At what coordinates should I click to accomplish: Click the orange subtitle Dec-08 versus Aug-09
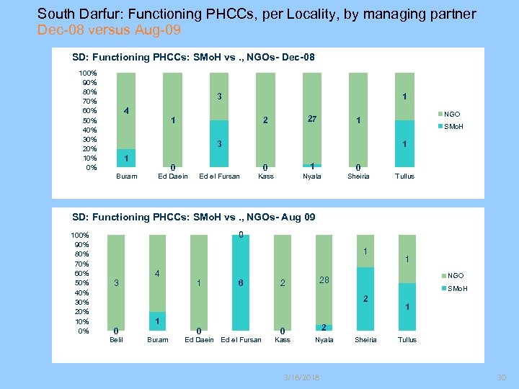110,30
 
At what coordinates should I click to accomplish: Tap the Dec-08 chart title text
194,57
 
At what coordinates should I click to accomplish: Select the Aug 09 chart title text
194,217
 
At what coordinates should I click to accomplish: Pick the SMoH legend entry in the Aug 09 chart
457,289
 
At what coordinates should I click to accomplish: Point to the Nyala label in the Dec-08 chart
311,176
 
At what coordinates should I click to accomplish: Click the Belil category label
116,339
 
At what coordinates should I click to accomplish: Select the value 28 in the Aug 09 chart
324,280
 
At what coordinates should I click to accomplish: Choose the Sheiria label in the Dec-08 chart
358,176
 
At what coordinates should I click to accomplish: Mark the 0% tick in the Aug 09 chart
83,331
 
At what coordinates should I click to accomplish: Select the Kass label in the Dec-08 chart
265,176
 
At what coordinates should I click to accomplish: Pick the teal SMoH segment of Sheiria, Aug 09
366,299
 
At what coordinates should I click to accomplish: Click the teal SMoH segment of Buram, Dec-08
126,159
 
